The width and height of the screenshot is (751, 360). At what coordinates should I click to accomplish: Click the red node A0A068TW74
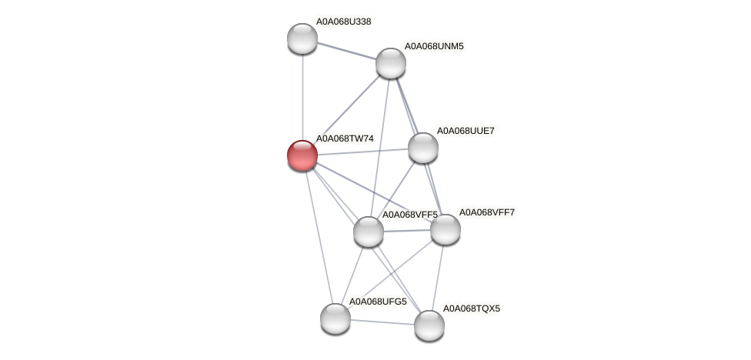click(x=302, y=155)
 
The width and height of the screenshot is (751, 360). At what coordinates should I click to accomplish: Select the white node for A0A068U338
click(x=302, y=38)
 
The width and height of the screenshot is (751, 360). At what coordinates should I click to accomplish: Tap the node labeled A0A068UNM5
click(x=391, y=63)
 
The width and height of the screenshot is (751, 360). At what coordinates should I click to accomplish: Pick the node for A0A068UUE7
click(x=422, y=148)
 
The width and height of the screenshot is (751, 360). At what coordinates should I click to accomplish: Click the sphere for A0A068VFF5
click(x=369, y=232)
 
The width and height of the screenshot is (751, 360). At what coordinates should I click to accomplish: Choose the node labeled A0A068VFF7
click(x=445, y=229)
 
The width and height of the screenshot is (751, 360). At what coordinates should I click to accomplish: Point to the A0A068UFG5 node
click(x=335, y=318)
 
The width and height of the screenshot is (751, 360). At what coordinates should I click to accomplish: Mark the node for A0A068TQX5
click(x=429, y=325)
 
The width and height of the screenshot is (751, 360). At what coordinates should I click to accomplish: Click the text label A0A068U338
click(x=343, y=22)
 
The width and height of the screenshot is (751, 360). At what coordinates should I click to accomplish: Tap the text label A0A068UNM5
click(x=434, y=46)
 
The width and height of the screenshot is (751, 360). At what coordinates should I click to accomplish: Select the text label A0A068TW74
click(x=345, y=138)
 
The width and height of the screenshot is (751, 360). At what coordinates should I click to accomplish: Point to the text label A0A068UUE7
click(x=466, y=131)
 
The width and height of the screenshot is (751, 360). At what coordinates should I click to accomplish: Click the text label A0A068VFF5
click(x=410, y=215)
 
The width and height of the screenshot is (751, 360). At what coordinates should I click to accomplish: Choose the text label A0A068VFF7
click(x=487, y=212)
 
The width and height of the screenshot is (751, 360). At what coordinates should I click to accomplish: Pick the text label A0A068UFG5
click(x=378, y=302)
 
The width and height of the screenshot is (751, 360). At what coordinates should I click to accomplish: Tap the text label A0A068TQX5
click(x=471, y=308)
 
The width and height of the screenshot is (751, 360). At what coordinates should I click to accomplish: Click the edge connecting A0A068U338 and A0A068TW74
click(x=302, y=96)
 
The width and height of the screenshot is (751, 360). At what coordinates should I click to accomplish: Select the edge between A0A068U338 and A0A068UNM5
click(x=346, y=51)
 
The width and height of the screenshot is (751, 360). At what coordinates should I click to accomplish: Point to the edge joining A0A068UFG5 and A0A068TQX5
click(x=382, y=322)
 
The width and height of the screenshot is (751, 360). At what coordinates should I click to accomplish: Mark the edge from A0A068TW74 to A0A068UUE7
click(x=362, y=152)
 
